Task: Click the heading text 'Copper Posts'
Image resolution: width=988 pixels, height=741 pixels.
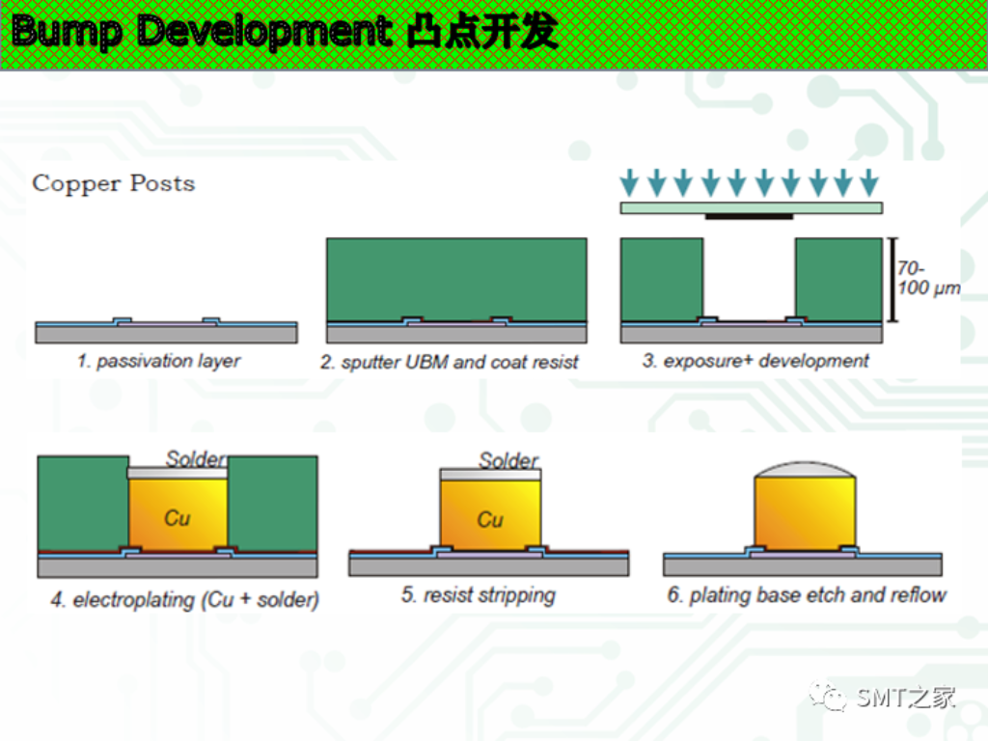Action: click(114, 183)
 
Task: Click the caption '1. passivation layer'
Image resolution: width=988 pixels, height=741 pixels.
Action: click(158, 361)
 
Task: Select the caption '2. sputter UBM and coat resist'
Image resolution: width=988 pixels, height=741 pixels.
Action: click(450, 363)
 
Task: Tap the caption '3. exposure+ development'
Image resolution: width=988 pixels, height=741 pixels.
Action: click(755, 361)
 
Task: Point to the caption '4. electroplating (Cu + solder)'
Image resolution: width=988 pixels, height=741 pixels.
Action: click(184, 599)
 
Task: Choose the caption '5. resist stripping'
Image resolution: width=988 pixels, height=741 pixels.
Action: click(478, 594)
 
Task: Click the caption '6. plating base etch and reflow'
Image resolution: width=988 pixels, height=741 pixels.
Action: click(807, 594)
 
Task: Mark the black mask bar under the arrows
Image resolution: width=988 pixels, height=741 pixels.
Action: click(749, 216)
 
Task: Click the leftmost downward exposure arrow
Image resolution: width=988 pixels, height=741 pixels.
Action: click(630, 180)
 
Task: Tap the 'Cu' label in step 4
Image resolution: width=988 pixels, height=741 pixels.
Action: click(177, 518)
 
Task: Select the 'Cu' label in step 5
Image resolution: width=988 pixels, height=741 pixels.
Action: click(490, 520)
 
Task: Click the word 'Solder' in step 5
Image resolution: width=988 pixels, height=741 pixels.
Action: click(508, 460)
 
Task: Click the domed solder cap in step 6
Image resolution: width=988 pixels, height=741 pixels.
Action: click(805, 469)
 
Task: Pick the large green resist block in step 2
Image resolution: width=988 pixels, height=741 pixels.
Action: click(455, 278)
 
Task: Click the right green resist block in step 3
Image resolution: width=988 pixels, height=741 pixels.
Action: click(837, 279)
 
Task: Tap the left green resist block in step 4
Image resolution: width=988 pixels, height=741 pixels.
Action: click(82, 502)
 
